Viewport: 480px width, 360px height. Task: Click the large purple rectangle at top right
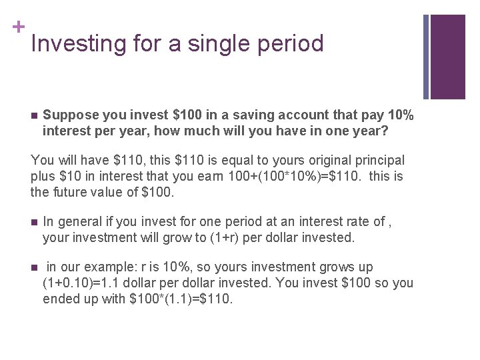(448, 56)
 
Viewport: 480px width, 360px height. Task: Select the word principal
(380, 161)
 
